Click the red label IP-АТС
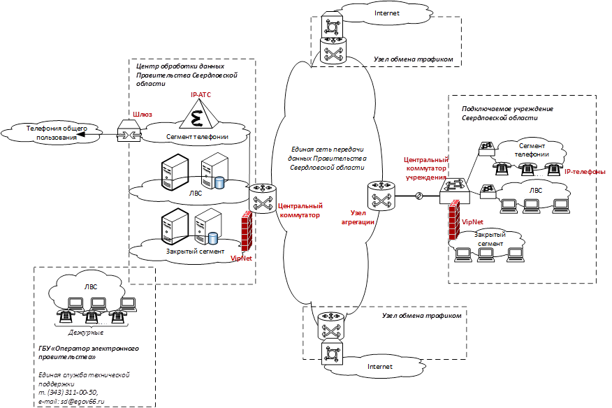tap(201, 95)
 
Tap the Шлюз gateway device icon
tap(129, 131)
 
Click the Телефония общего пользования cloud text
tap(57, 133)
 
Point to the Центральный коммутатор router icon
tap(262, 198)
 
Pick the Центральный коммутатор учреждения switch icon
tap(455, 191)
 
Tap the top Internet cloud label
tap(387, 13)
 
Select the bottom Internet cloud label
tap(380, 367)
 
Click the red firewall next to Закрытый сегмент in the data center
tap(247, 231)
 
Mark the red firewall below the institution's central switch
tap(454, 220)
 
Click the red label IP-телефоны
tap(585, 172)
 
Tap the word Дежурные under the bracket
tap(86, 333)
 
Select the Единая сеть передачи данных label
tap(328, 158)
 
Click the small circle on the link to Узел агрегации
tap(418, 196)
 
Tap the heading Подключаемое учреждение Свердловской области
tap(507, 113)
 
